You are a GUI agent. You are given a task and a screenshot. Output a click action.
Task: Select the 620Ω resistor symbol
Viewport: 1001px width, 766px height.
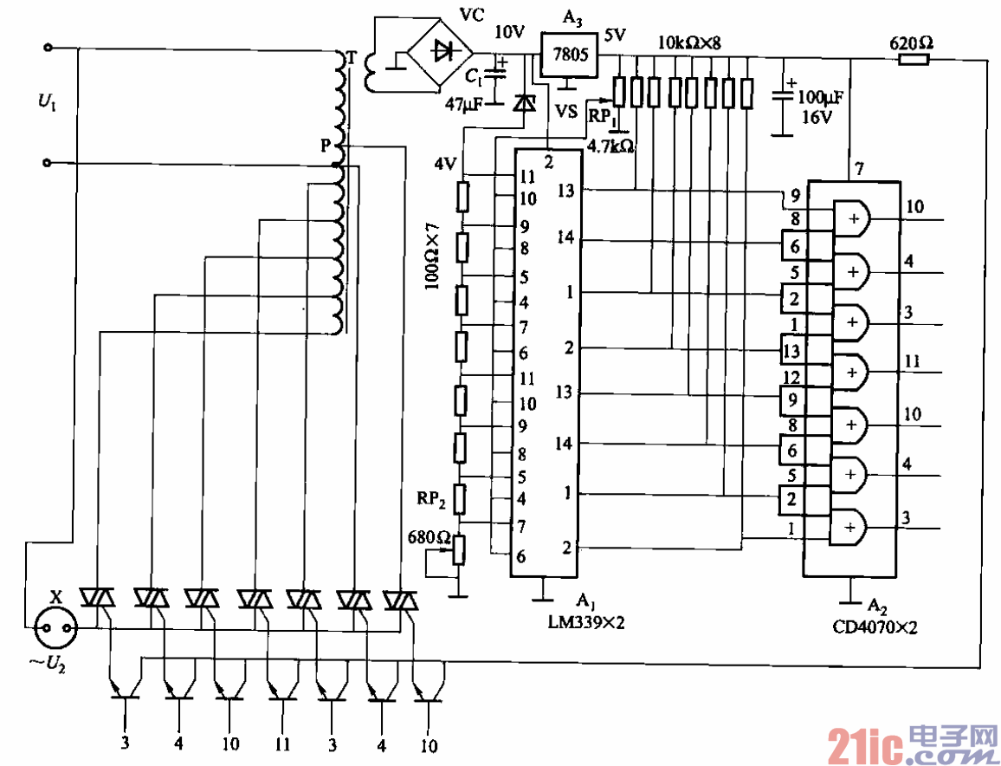914,59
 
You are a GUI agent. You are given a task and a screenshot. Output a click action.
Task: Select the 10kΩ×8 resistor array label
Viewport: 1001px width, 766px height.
689,42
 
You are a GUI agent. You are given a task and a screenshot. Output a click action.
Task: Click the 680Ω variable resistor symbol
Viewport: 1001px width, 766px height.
460,548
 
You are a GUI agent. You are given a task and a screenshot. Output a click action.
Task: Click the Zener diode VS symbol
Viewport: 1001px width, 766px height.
524,103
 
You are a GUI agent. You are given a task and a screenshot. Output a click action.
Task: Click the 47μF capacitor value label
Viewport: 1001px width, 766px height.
464,104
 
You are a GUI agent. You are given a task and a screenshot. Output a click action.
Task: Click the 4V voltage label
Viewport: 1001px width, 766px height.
445,162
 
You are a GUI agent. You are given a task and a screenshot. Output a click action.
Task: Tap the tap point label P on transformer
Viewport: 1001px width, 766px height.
326,146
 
